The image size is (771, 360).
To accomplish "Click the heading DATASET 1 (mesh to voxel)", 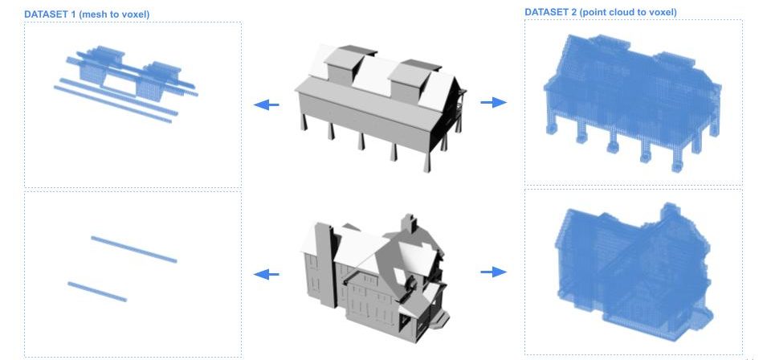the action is click(87, 14).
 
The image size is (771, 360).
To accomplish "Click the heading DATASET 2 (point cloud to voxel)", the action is click(601, 12).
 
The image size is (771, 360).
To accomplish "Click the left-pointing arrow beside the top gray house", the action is click(266, 104).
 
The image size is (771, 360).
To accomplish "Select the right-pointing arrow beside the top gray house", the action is click(494, 102).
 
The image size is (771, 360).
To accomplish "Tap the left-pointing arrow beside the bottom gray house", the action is click(266, 274).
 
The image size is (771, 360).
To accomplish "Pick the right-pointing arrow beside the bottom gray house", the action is click(494, 272).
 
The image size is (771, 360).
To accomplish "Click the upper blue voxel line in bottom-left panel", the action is click(134, 249).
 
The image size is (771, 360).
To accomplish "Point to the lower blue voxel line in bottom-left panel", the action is click(97, 292).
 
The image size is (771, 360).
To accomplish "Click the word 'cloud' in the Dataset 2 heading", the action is click(619, 12).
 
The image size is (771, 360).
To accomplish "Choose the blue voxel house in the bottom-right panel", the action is click(634, 271).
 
